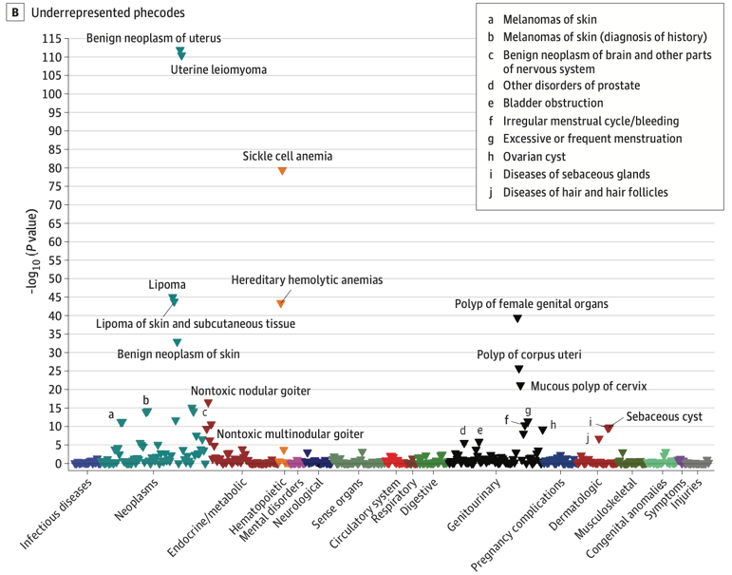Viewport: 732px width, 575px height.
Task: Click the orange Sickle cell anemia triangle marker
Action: click(x=282, y=171)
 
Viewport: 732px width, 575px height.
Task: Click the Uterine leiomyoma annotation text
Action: click(x=218, y=70)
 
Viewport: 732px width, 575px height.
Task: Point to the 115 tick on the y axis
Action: click(x=50, y=38)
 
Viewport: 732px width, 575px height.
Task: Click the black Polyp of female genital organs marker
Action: click(x=517, y=318)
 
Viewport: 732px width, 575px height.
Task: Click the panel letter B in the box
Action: click(x=13, y=13)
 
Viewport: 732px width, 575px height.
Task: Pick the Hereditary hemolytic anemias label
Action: click(x=307, y=280)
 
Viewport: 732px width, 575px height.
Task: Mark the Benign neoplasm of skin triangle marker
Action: click(x=177, y=342)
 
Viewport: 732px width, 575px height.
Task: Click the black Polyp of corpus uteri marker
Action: click(x=518, y=370)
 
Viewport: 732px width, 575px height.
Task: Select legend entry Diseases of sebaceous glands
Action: click(x=576, y=174)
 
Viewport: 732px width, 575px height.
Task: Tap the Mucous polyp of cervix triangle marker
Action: click(x=519, y=386)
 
